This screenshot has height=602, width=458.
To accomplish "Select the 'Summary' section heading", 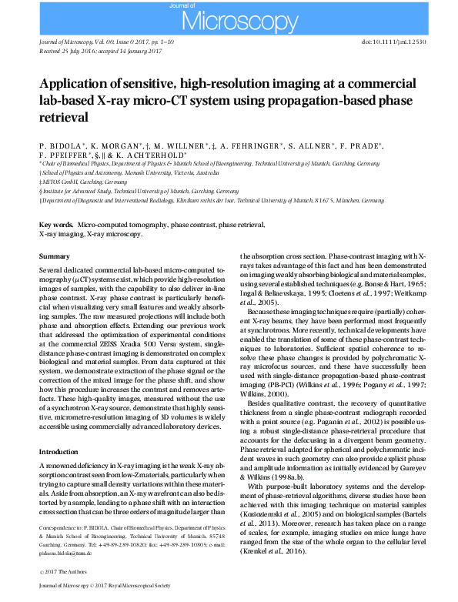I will pyautogui.click(x=53, y=256).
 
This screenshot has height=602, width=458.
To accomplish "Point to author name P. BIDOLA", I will pyautogui.click(x=58, y=145).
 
